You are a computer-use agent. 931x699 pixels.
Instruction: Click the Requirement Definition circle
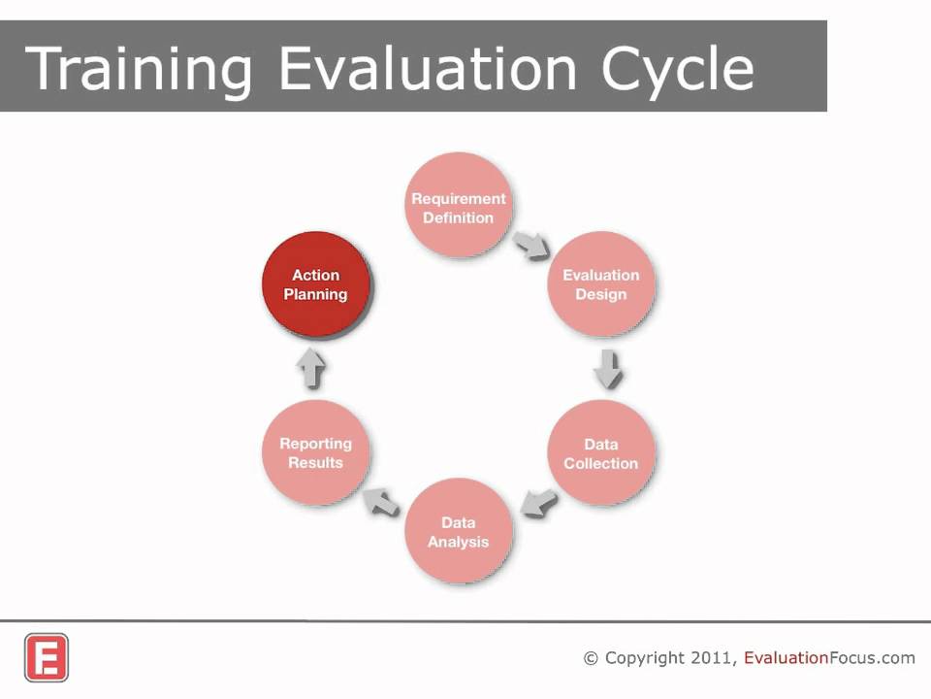(458, 207)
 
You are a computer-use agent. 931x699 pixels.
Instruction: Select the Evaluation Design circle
(600, 283)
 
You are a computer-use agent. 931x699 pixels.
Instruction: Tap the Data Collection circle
(600, 452)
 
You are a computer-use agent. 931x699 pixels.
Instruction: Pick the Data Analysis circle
(458, 531)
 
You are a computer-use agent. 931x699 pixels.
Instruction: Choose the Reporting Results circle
(315, 452)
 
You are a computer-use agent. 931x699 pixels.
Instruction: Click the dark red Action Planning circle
(315, 283)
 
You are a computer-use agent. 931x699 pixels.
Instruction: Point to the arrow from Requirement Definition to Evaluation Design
(532, 245)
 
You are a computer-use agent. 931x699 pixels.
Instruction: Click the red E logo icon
(47, 657)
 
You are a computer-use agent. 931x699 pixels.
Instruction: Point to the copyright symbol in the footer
(591, 658)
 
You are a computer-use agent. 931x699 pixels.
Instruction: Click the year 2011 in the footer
(714, 658)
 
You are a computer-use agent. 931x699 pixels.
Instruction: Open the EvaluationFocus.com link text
(829, 658)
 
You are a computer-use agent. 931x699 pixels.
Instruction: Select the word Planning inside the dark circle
(315, 294)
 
